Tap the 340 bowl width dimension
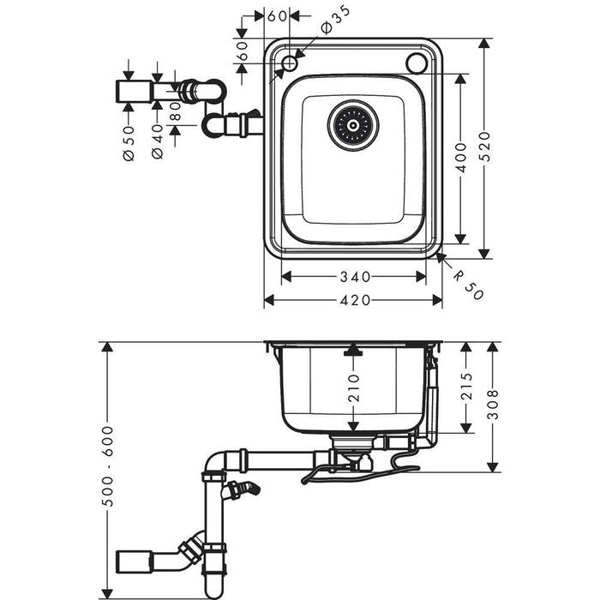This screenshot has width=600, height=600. click(x=353, y=276)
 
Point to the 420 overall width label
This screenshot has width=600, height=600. click(x=353, y=300)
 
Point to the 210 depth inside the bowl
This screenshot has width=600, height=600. click(x=353, y=388)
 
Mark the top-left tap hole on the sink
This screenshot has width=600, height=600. click(x=291, y=63)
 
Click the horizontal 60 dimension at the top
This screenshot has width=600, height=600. click(x=276, y=16)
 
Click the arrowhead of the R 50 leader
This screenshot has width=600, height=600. click(x=440, y=255)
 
